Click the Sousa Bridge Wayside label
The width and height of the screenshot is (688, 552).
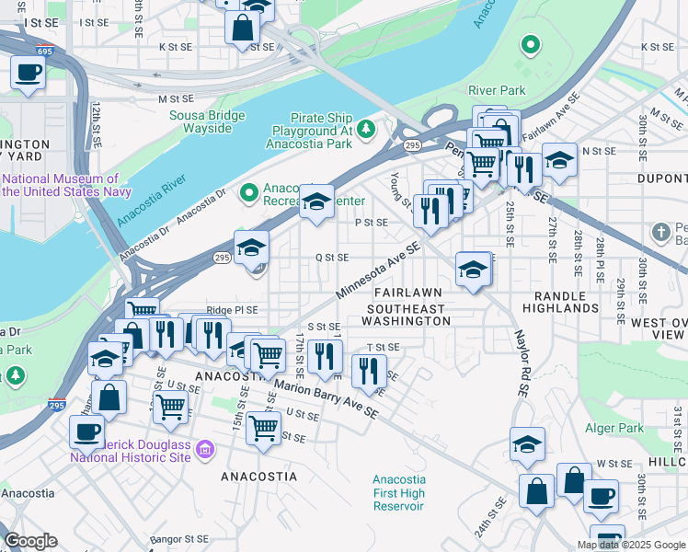coord(207,121)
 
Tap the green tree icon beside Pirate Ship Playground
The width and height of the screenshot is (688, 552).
coord(366,128)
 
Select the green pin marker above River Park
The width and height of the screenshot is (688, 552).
coord(530,43)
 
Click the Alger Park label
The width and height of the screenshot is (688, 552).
coord(614,428)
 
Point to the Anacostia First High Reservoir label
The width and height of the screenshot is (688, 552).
coord(398,493)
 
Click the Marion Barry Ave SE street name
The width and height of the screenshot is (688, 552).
coord(327,398)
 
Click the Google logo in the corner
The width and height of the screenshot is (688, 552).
coord(30,541)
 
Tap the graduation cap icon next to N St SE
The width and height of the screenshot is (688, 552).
coord(558,160)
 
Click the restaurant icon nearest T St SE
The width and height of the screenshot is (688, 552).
coord(368,371)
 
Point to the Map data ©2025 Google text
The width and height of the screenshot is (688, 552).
coord(631,545)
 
